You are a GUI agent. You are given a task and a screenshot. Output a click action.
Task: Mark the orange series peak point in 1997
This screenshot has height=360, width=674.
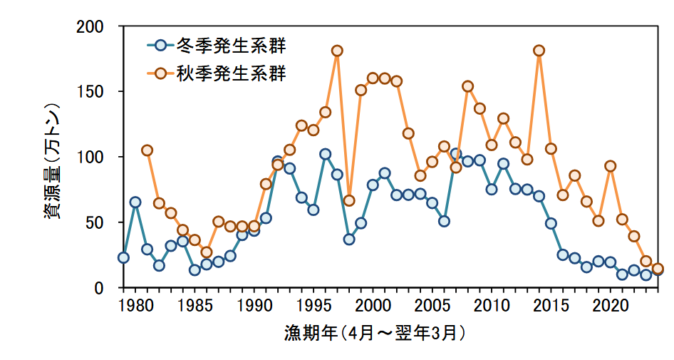tap(337, 51)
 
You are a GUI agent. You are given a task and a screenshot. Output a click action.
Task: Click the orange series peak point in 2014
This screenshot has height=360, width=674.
tap(539, 51)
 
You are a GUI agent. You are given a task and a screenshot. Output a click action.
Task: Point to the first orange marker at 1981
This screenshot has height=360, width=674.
tap(147, 150)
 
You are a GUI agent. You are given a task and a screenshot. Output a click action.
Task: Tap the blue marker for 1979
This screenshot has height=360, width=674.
tap(123, 257)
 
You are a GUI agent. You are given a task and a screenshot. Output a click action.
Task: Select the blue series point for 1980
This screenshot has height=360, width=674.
tap(135, 202)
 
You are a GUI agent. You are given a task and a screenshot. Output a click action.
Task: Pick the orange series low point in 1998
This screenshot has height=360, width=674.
tap(349, 200)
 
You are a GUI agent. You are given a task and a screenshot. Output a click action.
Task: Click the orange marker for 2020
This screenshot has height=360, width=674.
tap(610, 166)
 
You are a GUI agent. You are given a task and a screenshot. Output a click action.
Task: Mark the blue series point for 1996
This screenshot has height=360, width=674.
tap(325, 154)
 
